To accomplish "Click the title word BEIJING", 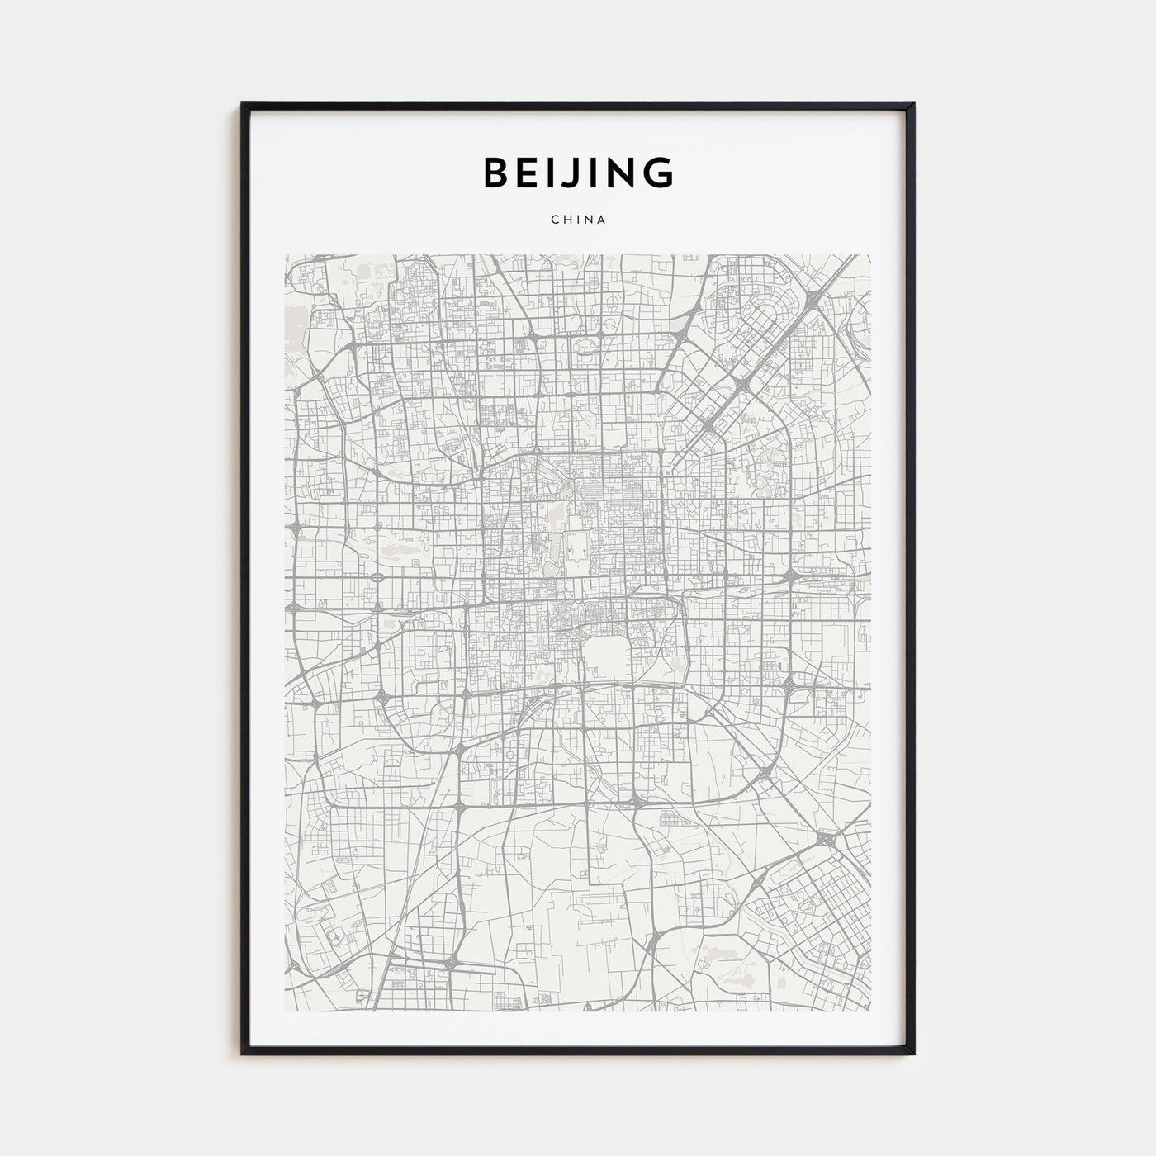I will pos(577,173).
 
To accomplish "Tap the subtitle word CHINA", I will pos(577,220).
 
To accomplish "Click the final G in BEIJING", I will pos(657,173).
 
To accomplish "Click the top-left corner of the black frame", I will pos(243,104).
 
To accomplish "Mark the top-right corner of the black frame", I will pos(913,104).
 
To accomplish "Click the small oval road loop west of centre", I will pos(377,579).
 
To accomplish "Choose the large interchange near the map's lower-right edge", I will pos(826,840).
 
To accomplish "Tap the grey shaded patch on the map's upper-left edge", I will pos(292,319).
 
